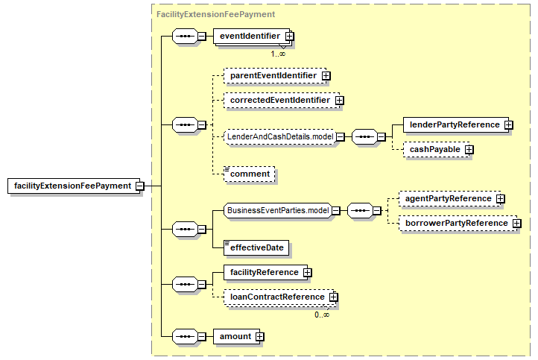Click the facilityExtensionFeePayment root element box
click(x=74, y=186)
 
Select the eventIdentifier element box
click(x=252, y=36)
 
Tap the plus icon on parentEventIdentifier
click(x=326, y=75)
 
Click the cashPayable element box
click(x=437, y=149)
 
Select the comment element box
click(x=249, y=174)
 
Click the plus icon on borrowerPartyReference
click(x=516, y=224)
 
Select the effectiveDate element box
click(x=256, y=247)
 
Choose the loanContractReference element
click(x=279, y=297)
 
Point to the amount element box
click(x=237, y=337)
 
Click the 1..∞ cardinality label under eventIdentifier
click(x=278, y=54)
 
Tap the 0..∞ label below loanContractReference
click(x=322, y=315)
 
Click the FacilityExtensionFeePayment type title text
click(x=215, y=14)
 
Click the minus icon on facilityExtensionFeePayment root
click(x=139, y=186)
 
